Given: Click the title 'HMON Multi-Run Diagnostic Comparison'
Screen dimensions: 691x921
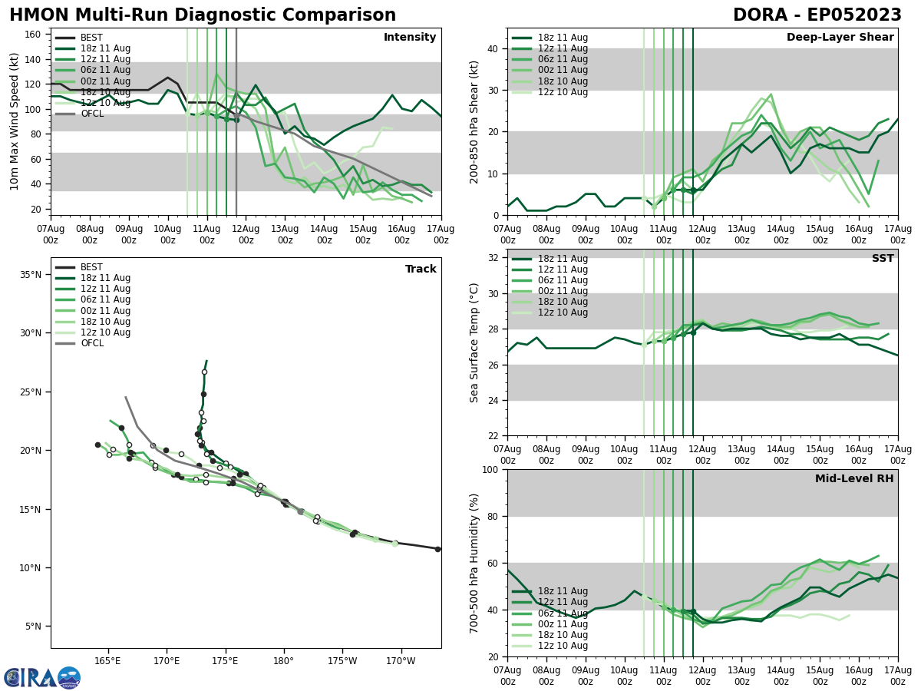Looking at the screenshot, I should point(203,15).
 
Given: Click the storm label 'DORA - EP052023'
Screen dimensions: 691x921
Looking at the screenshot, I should point(817,15).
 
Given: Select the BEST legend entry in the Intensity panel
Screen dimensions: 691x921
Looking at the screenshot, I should point(91,38).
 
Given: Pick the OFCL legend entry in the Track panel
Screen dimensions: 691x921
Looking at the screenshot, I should point(91,343).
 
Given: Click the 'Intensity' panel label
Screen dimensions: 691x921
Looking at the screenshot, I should point(410,38).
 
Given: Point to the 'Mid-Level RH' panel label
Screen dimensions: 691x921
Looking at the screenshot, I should point(854,479).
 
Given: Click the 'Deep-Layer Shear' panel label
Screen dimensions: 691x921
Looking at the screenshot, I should point(840,38).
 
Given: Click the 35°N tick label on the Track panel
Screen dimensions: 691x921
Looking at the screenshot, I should point(30,275).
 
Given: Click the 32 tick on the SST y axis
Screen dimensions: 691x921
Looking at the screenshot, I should point(493,258).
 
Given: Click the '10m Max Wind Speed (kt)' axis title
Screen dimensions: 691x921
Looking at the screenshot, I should point(15,121).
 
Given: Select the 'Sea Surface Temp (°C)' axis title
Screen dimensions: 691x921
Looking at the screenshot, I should point(474,342).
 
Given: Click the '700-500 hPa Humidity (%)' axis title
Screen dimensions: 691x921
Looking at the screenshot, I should point(474,563).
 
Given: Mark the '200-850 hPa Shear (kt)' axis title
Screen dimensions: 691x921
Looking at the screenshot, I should point(474,121).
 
